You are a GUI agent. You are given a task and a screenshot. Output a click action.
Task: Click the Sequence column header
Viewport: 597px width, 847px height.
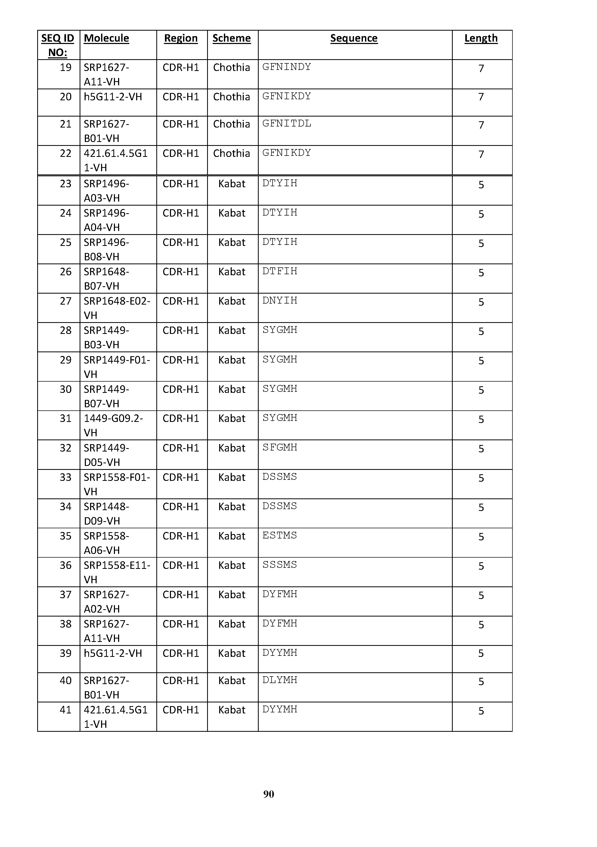pyautogui.click(x=354, y=38)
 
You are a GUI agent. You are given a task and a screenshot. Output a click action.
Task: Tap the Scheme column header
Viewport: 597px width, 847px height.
pyautogui.click(x=231, y=38)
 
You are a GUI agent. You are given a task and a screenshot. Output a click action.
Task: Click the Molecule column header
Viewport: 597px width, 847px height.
pyautogui.click(x=106, y=38)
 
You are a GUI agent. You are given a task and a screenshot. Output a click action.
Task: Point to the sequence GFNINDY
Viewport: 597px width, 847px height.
pyautogui.click(x=286, y=67)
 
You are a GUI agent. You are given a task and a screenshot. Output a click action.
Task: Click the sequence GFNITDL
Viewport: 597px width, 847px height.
pyautogui.click(x=286, y=124)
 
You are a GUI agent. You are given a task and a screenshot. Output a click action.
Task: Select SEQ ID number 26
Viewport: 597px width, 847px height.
pyautogui.click(x=66, y=272)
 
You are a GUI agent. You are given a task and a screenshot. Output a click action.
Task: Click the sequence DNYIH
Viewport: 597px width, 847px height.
pyautogui.click(x=279, y=301)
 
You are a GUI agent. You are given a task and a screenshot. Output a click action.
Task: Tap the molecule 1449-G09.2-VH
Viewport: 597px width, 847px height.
pyautogui.click(x=113, y=425)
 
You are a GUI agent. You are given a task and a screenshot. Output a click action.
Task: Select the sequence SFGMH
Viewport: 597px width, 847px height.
pyautogui.click(x=279, y=448)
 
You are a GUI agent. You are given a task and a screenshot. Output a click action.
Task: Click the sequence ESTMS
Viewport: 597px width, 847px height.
pyautogui.click(x=279, y=535)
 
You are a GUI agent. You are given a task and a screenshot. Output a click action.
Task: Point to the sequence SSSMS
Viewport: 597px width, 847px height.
pyautogui.click(x=279, y=565)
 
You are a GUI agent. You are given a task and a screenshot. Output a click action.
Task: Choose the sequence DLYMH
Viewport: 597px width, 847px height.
pyautogui.click(x=279, y=680)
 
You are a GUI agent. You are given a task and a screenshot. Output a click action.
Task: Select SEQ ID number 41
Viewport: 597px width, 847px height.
pyautogui.click(x=66, y=710)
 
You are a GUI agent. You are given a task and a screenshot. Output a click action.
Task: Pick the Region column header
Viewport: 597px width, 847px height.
pyautogui.click(x=181, y=38)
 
